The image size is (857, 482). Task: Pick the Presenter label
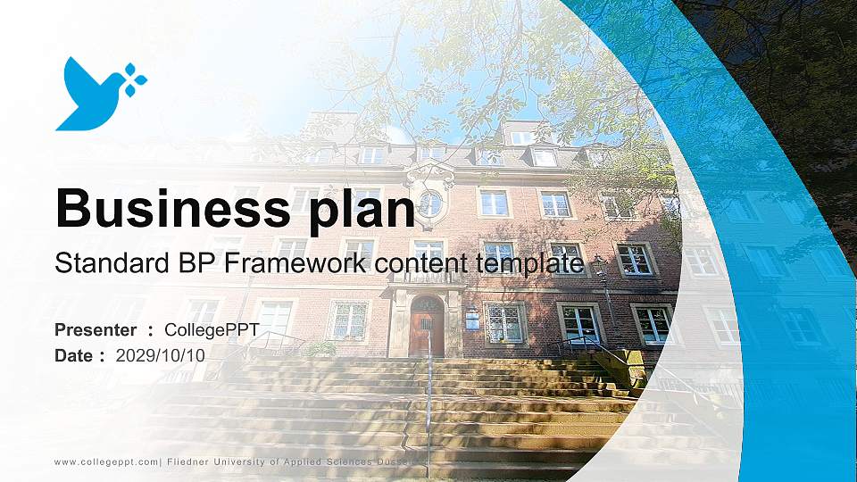[96, 330]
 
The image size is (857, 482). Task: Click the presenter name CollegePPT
[212, 330]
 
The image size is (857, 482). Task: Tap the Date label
[74, 355]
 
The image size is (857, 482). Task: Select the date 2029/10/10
[161, 355]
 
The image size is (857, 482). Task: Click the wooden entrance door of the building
[427, 327]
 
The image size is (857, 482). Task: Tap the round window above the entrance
[430, 204]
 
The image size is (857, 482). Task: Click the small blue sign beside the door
[470, 314]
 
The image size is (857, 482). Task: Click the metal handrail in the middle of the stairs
[428, 402]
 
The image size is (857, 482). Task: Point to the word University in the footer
[247, 461]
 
